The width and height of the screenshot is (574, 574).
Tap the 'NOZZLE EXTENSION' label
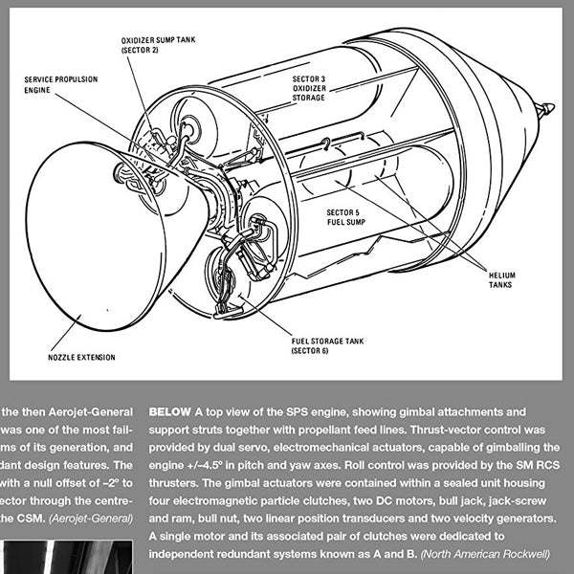pos(81,358)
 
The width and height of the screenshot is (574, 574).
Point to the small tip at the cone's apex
pos(544,109)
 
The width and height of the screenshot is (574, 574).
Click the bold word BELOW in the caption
pos(169,410)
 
